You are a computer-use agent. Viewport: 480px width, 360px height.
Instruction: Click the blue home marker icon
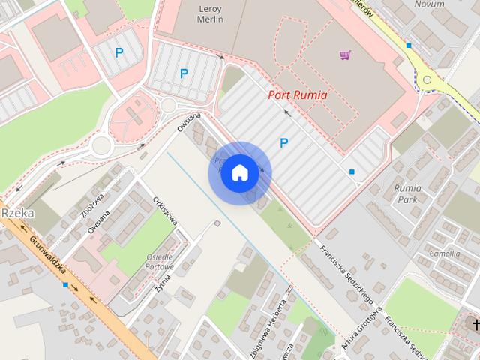239,173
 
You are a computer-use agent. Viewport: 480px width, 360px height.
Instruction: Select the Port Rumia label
298,95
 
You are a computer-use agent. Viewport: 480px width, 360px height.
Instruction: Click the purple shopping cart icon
345,55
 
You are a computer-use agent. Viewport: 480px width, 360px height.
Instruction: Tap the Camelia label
444,253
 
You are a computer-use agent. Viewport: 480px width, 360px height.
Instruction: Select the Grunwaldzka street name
49,257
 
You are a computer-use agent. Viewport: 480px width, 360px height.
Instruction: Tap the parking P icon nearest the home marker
283,142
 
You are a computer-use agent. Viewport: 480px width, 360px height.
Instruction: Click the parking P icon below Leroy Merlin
184,73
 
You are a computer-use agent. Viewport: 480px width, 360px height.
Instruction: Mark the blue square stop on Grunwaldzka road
66,285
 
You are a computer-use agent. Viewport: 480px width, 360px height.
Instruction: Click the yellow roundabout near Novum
427,79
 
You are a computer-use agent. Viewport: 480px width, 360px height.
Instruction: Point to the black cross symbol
475,323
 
